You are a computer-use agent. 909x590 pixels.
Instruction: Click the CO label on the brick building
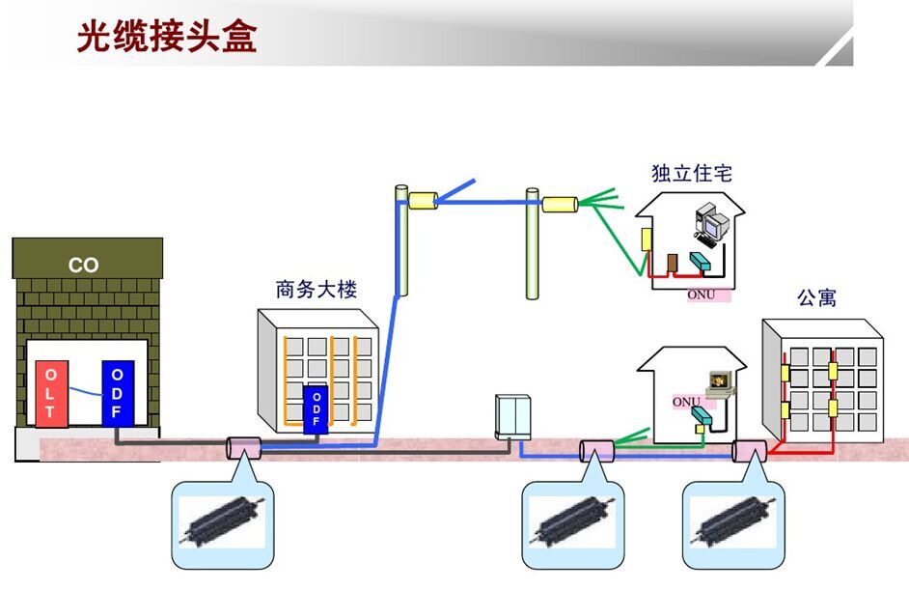pyautogui.click(x=84, y=265)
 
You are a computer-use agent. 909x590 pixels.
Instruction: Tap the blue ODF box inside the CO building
pyautogui.click(x=117, y=393)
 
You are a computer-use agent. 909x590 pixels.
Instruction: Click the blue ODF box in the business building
pyautogui.click(x=316, y=410)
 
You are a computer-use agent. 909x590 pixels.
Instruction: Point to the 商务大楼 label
pyautogui.click(x=316, y=289)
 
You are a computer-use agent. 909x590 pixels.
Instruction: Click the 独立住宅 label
pyautogui.click(x=691, y=174)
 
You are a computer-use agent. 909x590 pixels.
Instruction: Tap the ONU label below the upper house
pyautogui.click(x=702, y=295)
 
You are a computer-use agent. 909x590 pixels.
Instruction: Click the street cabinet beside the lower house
pyautogui.click(x=511, y=416)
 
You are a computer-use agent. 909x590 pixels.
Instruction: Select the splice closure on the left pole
pyautogui.click(x=423, y=201)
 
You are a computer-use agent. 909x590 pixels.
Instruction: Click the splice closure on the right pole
pyautogui.click(x=559, y=205)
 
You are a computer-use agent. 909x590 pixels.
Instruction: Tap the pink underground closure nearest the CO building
pyautogui.click(x=243, y=449)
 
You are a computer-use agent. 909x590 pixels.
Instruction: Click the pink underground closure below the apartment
pyautogui.click(x=749, y=451)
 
